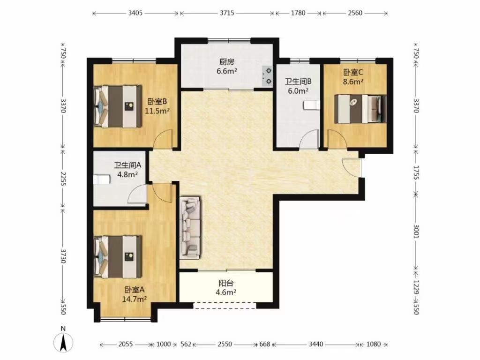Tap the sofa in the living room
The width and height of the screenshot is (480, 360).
click(190, 227)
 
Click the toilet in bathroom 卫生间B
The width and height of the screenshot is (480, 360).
click(311, 105)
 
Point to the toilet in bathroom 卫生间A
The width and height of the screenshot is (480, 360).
click(101, 179)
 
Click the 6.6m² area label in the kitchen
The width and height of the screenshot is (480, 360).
click(227, 71)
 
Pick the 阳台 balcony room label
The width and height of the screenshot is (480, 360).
click(226, 283)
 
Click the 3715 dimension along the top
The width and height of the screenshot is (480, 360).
click(227, 13)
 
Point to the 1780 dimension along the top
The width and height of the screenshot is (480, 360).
click(298, 13)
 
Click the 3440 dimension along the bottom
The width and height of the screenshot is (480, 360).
click(315, 344)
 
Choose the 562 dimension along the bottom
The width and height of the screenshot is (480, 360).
click(186, 344)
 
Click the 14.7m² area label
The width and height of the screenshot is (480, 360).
click(134, 299)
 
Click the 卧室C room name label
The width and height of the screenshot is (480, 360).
click(353, 72)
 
